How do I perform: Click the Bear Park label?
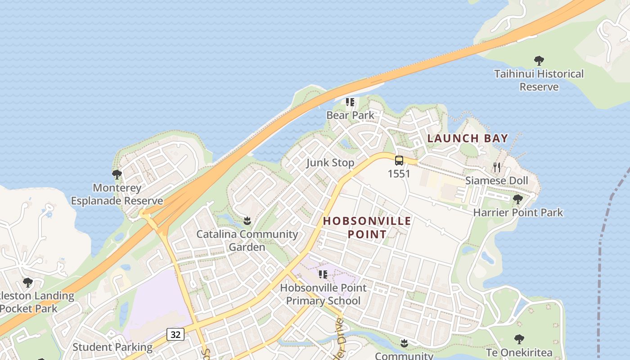click(350, 115)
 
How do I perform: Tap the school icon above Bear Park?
click(350, 102)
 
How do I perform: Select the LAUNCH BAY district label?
click(468, 138)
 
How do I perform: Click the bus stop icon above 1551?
click(399, 161)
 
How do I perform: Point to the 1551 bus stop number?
click(399, 174)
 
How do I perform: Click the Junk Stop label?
click(330, 162)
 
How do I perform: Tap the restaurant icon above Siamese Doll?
click(497, 167)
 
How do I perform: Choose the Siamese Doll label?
click(497, 180)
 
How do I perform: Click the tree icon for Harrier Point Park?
click(518, 199)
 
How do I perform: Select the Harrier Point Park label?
click(518, 212)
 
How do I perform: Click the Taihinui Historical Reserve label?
click(539, 80)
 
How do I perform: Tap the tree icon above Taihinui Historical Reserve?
click(539, 60)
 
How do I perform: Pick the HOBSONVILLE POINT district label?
click(367, 227)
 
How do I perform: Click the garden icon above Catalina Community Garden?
click(247, 221)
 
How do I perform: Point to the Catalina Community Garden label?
click(247, 240)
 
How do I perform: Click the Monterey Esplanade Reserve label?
click(117, 194)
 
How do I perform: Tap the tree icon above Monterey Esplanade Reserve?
click(117, 174)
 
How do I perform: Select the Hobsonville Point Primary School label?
click(323, 294)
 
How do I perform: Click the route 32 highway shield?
click(175, 334)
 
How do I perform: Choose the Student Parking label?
click(112, 347)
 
